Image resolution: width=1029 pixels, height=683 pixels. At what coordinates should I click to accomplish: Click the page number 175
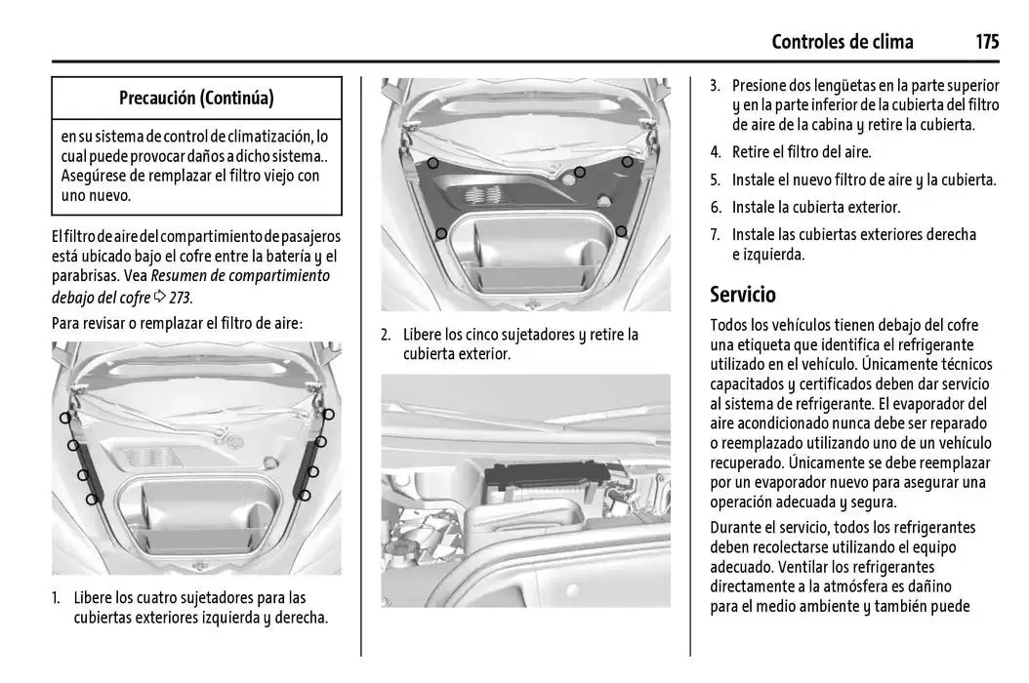tap(986, 41)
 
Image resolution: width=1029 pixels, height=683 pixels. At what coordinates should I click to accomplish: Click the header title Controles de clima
tap(842, 41)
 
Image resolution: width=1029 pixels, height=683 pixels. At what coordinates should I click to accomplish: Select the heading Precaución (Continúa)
tap(196, 98)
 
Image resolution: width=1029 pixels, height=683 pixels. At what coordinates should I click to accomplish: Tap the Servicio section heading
tap(743, 294)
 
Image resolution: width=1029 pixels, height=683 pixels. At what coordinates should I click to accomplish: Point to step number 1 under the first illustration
tap(57, 597)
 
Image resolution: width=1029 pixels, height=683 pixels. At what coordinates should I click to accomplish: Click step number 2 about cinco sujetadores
tap(386, 335)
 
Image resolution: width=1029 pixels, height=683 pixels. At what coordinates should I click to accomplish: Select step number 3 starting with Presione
tap(715, 86)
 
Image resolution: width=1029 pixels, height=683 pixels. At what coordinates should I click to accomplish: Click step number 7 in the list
tap(715, 235)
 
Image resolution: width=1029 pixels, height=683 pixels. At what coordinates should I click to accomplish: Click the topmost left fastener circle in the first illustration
tap(64, 418)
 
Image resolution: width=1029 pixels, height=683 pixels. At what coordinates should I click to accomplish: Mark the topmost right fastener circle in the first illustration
tap(328, 415)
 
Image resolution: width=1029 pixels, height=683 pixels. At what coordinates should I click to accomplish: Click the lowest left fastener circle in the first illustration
tap(91, 499)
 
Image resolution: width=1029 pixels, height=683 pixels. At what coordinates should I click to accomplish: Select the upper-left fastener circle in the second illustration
tap(432, 163)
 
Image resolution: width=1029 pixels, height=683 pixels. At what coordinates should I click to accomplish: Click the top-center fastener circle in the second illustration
tap(579, 173)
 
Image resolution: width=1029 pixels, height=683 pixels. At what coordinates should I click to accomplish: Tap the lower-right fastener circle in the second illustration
tap(621, 231)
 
